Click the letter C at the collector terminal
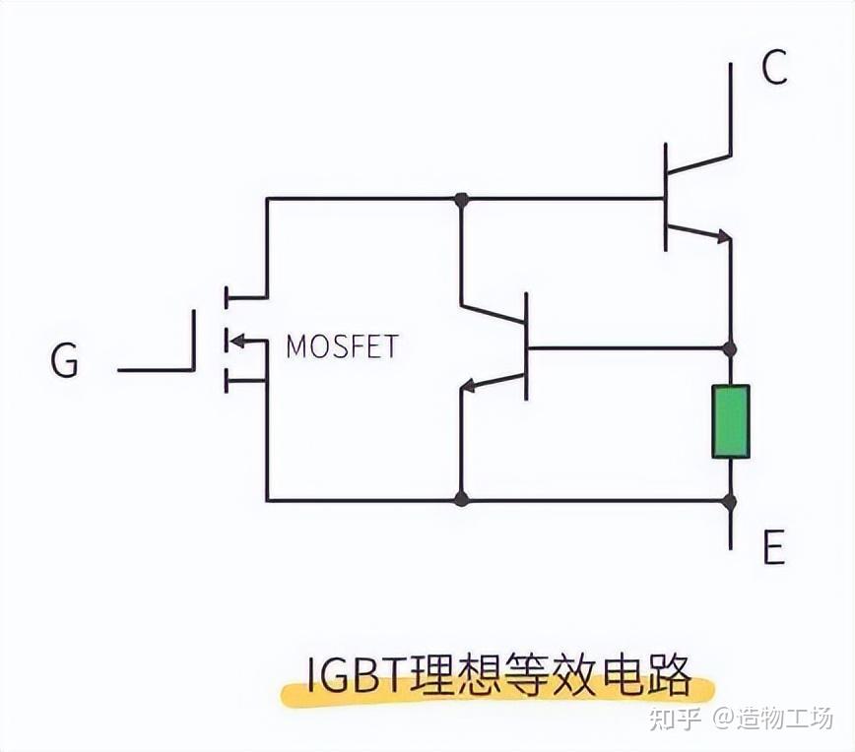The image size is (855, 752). (x=774, y=68)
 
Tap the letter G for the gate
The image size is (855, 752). (x=64, y=362)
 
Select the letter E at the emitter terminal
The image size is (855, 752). (x=774, y=548)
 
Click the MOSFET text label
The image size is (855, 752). (x=342, y=347)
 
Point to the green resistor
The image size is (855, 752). (x=730, y=421)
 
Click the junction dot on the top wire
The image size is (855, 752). (x=460, y=199)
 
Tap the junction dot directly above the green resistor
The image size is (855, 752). (x=730, y=348)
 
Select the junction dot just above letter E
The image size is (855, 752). (x=730, y=501)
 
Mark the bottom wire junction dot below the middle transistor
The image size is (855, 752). (x=460, y=500)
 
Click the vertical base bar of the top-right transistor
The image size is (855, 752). (x=666, y=197)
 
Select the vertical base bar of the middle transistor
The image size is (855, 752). (x=527, y=346)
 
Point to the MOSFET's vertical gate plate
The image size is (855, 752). (x=195, y=340)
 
